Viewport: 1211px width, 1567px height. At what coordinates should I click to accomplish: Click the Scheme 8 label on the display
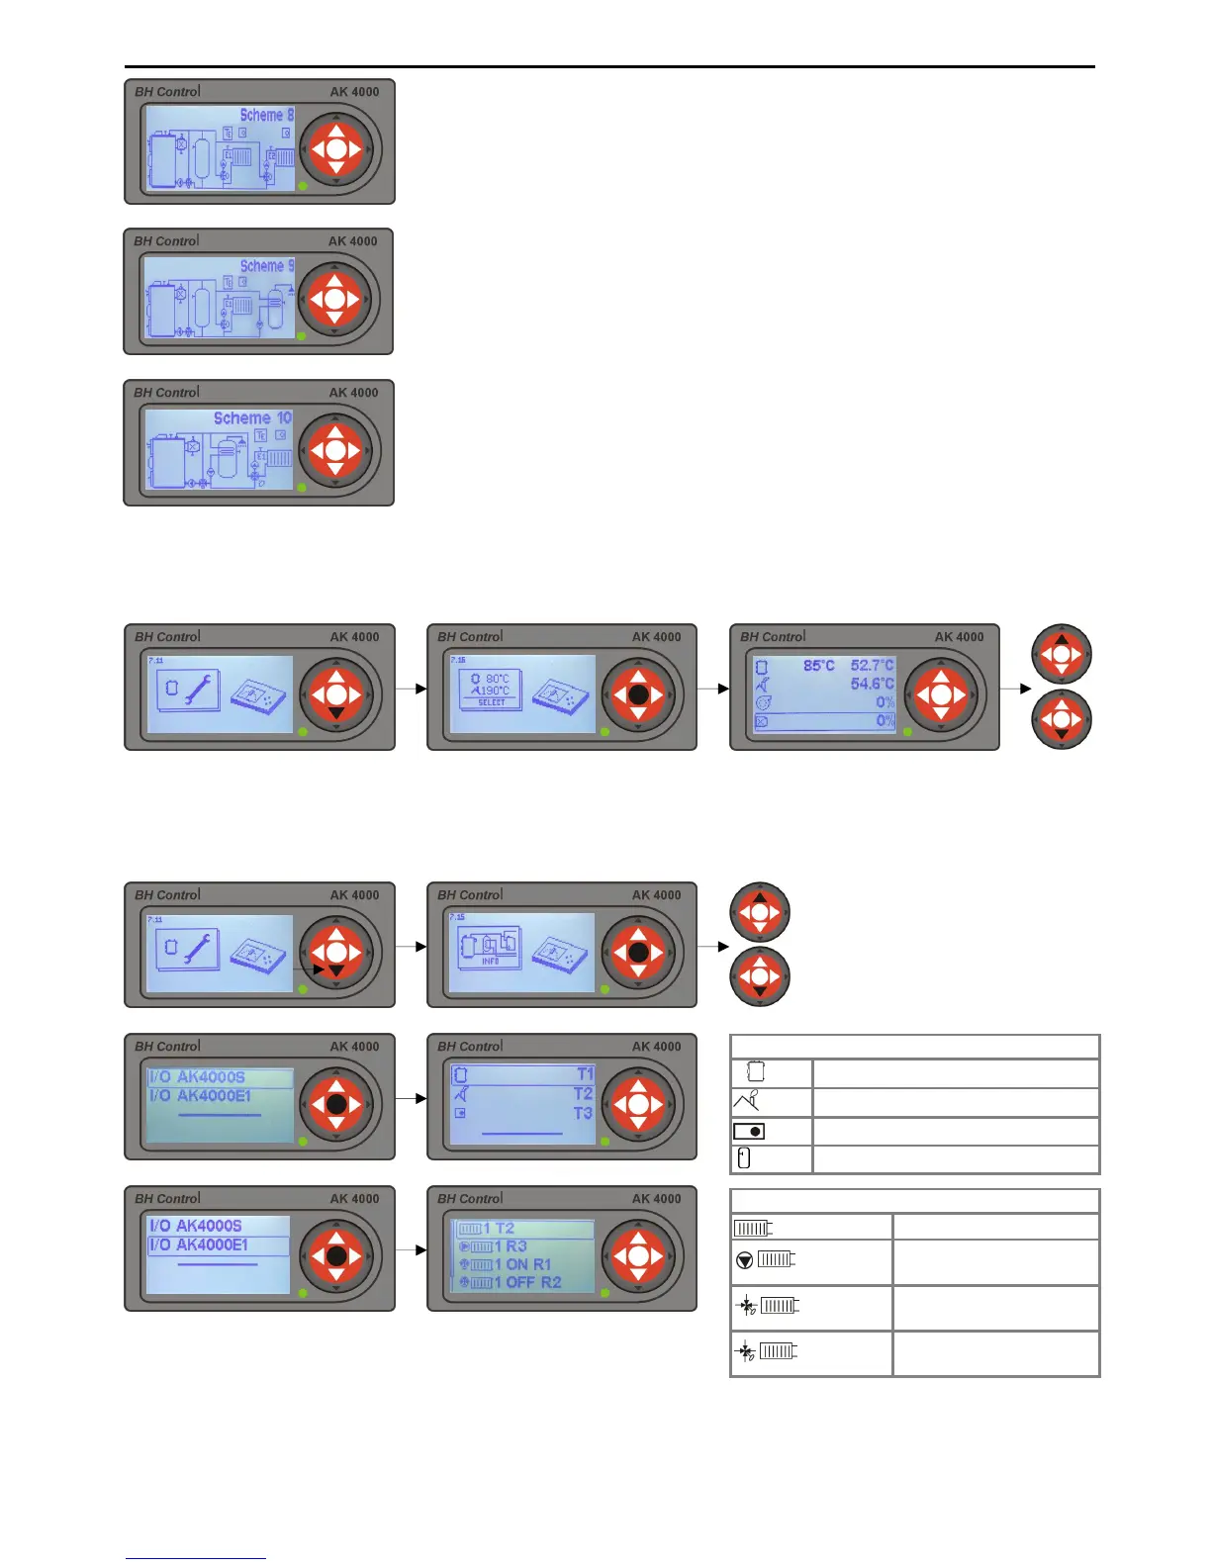click(x=266, y=116)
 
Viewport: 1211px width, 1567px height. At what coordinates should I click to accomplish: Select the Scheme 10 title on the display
click(x=252, y=418)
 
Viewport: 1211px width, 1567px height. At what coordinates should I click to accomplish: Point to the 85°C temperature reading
click(x=818, y=666)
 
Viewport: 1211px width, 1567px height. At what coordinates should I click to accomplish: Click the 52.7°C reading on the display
click(x=872, y=666)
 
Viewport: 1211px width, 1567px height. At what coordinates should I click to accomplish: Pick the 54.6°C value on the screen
click(x=872, y=684)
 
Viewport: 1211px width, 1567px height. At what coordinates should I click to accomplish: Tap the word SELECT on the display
click(x=492, y=702)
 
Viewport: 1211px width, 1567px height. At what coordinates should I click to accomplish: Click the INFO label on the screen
click(x=490, y=961)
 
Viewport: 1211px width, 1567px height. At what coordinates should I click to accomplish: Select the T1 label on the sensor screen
click(x=584, y=1074)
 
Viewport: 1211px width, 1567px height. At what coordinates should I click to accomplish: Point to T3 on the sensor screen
click(x=583, y=1113)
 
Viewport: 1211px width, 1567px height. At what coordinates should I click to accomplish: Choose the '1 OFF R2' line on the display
click(x=527, y=1282)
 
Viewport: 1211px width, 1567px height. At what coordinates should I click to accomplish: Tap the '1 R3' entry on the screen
click(x=511, y=1246)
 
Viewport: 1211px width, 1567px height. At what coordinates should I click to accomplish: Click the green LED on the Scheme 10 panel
click(x=302, y=488)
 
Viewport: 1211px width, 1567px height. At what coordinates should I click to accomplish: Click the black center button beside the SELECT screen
click(x=638, y=694)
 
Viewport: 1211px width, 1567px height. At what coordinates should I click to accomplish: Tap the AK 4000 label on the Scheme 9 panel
click(x=353, y=241)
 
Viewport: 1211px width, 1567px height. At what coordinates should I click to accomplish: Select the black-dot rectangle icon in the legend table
click(x=749, y=1132)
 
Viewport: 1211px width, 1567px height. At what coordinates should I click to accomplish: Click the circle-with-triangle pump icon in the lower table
click(x=745, y=1260)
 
